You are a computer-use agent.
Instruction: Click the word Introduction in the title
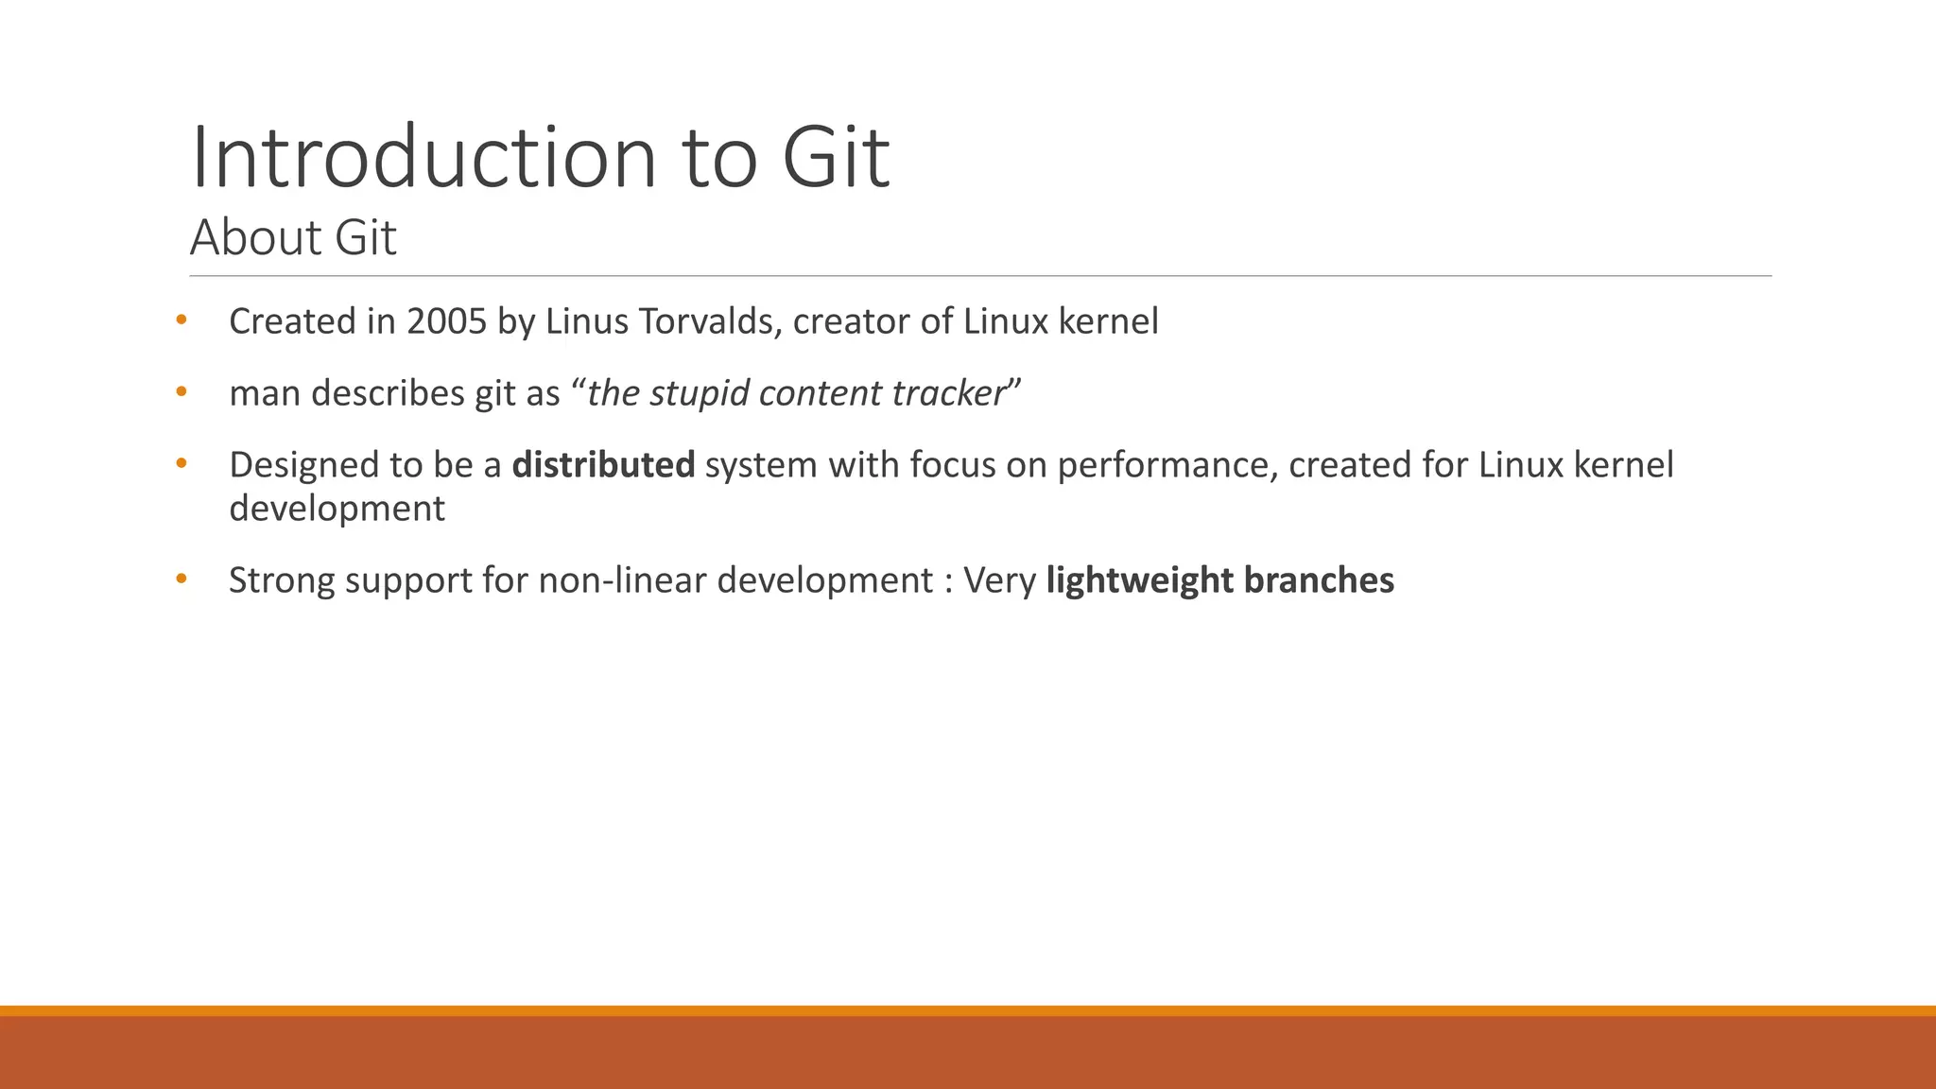coord(423,157)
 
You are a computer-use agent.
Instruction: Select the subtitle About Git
coord(293,237)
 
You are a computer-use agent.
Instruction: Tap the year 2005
coord(446,321)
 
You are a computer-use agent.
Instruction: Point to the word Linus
coord(586,321)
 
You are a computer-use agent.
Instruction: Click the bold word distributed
coord(603,465)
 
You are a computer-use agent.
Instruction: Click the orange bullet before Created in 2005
coord(181,320)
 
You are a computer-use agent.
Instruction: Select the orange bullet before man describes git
coord(181,391)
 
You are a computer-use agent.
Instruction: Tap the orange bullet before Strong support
coord(181,579)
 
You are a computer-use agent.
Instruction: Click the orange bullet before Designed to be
coord(181,463)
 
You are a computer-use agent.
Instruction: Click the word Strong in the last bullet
coord(282,580)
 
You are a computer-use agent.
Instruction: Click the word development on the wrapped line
coord(337,509)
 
